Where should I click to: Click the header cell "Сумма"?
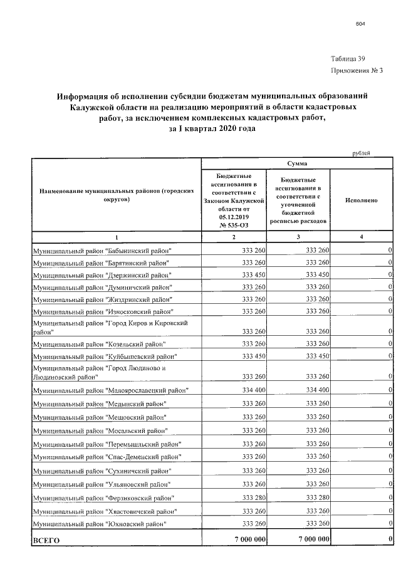(297, 163)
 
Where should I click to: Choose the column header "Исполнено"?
(361, 200)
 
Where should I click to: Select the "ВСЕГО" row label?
(46, 540)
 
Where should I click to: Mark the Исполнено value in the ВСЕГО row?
(390, 539)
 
